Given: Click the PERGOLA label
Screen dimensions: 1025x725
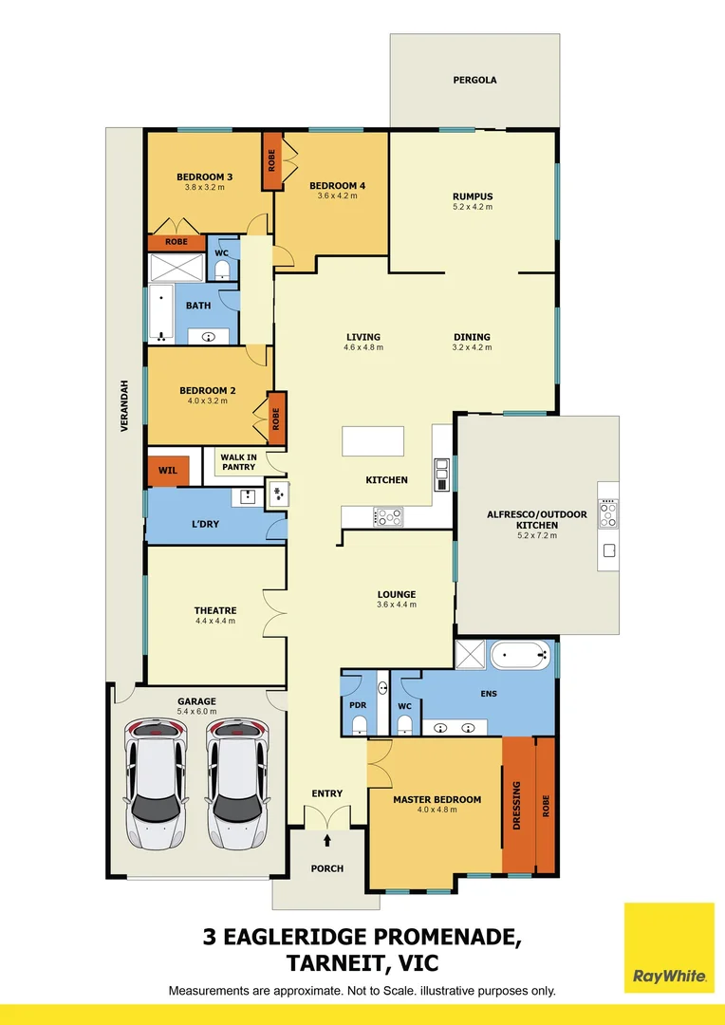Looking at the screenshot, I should coord(474,81).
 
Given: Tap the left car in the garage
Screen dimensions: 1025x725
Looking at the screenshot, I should coord(157,783).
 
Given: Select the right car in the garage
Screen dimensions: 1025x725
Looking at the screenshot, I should coord(237,783).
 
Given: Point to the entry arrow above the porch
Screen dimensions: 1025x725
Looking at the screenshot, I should coord(328,839).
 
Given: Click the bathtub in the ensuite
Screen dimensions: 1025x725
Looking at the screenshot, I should coord(518,655).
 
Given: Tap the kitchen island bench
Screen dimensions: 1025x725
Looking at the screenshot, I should coord(373,442).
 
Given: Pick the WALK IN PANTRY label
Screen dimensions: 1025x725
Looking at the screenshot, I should coord(238,462).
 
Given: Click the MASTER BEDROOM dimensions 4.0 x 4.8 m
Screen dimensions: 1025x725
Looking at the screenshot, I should coord(437,810).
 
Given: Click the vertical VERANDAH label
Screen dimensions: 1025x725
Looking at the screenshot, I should coord(123,414).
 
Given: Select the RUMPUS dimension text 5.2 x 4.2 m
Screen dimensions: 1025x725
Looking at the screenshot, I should coord(473,207).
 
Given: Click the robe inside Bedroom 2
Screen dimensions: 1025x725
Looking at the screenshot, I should coord(277,418).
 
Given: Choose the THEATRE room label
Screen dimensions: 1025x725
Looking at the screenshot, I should coord(215,610).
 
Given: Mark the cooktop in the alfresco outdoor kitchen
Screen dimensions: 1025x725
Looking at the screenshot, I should coord(608,513).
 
